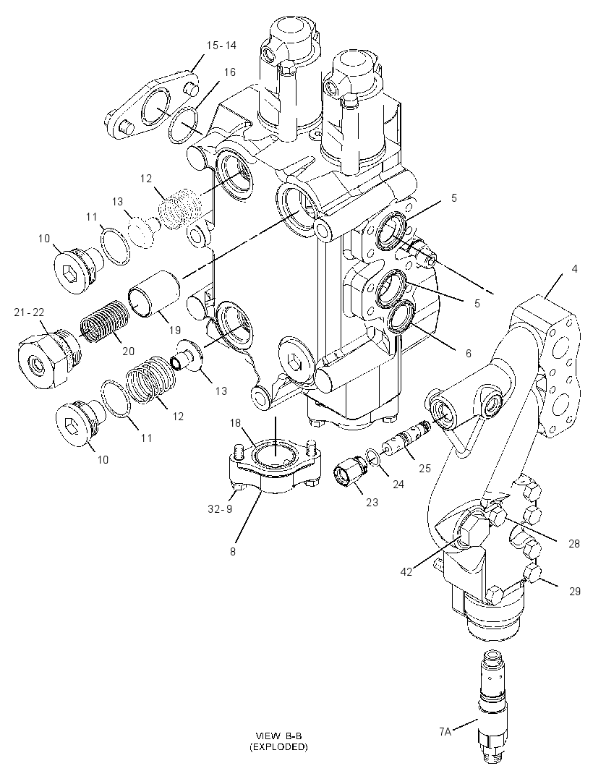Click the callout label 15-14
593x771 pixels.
[221, 46]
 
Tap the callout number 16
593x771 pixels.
[230, 72]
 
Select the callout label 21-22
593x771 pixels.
[29, 312]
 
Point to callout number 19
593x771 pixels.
[175, 331]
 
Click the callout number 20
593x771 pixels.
[128, 351]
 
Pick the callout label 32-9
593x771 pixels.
[221, 509]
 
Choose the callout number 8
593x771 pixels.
[233, 551]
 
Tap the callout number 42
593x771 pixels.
[406, 571]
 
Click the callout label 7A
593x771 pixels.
[445, 732]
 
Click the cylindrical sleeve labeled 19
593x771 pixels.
[154, 294]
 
